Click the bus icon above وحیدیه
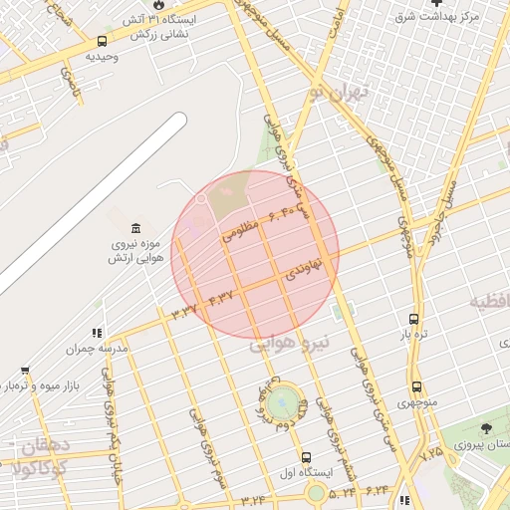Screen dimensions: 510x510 click(x=103, y=41)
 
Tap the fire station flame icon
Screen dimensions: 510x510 click(x=156, y=5)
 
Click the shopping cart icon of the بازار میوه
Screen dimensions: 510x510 click(x=25, y=370)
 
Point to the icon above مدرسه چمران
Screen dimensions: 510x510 click(x=97, y=333)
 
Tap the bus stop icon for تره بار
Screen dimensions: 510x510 click(x=414, y=320)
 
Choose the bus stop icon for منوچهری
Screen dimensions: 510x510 click(x=415, y=386)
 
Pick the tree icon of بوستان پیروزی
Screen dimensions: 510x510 click(x=485, y=427)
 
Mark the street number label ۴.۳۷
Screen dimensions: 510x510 click(x=221, y=297)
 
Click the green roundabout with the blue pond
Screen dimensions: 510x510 click(x=282, y=402)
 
